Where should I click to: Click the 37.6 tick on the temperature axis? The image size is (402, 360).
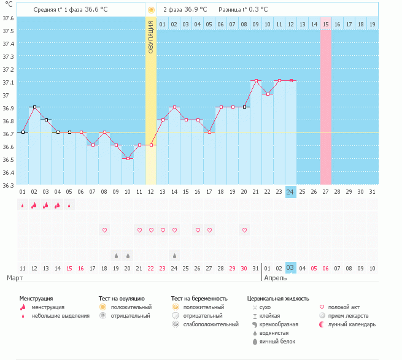tap(9, 18)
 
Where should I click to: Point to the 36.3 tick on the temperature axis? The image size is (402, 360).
tap(9, 185)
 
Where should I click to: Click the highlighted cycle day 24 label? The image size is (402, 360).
tap(290, 191)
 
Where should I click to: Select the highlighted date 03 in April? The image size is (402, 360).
tap(290, 268)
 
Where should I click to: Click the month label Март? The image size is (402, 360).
tap(15, 278)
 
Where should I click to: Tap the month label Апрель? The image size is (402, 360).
tap(275, 278)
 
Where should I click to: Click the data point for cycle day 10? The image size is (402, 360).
tap(128, 158)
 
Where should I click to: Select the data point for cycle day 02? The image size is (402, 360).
tap(34, 107)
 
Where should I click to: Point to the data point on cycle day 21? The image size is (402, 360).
tap(256, 81)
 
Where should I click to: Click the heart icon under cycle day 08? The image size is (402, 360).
tap(104, 230)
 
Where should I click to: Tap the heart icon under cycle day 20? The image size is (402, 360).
tap(244, 230)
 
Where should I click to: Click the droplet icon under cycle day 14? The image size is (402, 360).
tap(174, 255)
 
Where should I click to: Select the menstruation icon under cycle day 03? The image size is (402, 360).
tap(46, 205)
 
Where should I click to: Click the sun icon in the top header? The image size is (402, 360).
tap(151, 10)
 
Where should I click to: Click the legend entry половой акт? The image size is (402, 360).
tap(342, 307)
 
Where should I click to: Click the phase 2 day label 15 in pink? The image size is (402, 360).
tap(325, 24)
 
